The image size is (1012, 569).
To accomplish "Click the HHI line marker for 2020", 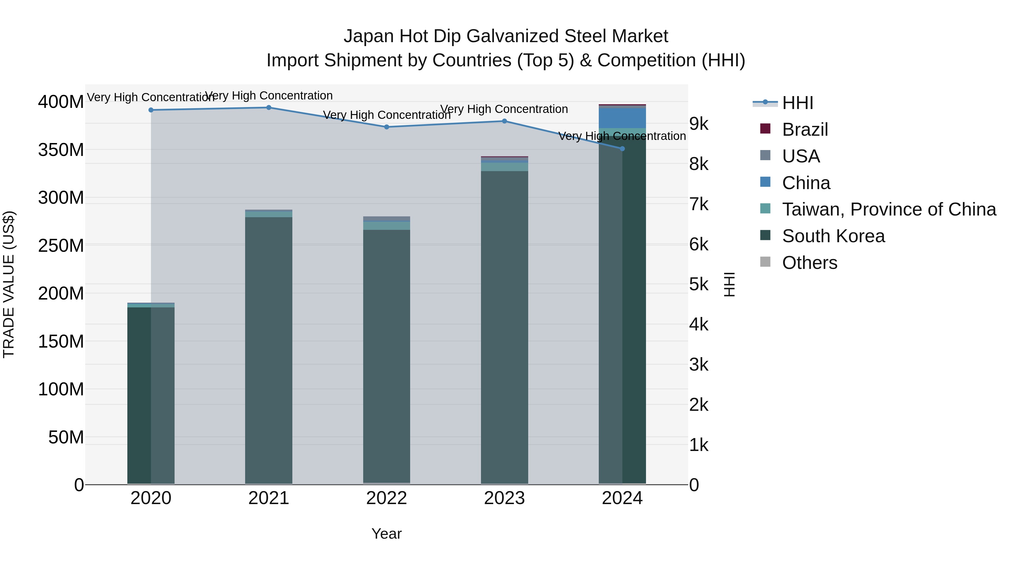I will (x=151, y=110).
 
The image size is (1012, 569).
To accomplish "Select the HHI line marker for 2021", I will (x=269, y=108).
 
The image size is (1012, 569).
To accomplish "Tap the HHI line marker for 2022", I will (x=387, y=127).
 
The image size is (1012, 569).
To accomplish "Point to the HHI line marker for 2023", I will (x=504, y=121).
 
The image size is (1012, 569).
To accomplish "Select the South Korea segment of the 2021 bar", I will (x=269, y=350).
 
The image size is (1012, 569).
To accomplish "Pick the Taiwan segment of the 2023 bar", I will (x=504, y=167).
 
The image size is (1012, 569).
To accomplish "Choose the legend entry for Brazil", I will (x=805, y=130).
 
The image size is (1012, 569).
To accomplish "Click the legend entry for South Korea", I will (x=833, y=236).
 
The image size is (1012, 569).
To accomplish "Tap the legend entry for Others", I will (x=809, y=263).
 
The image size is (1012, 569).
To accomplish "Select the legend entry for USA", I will (x=801, y=156).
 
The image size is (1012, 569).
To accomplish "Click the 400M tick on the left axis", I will (x=61, y=102).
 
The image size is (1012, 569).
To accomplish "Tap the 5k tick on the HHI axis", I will (x=699, y=284).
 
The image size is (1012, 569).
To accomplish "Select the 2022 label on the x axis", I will (x=387, y=498).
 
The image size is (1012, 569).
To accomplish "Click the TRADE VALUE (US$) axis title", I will (x=9, y=284).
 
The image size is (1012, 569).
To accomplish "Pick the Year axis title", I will (x=387, y=534).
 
